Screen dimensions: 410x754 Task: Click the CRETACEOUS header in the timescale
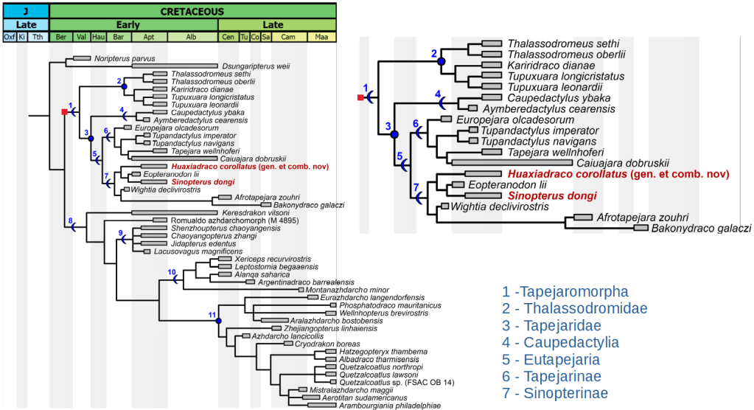(x=193, y=11)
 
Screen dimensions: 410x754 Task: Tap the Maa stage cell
(x=321, y=37)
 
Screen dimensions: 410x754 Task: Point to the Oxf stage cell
(x=10, y=37)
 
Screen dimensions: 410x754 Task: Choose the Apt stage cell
(x=148, y=37)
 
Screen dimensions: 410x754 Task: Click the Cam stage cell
(x=288, y=37)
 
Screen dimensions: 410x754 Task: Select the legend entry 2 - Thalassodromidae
(x=575, y=309)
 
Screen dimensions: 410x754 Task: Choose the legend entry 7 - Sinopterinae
(x=560, y=393)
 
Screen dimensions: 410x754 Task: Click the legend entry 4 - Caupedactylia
(x=560, y=343)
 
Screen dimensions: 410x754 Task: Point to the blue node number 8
(x=70, y=220)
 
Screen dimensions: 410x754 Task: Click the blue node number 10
(x=172, y=272)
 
